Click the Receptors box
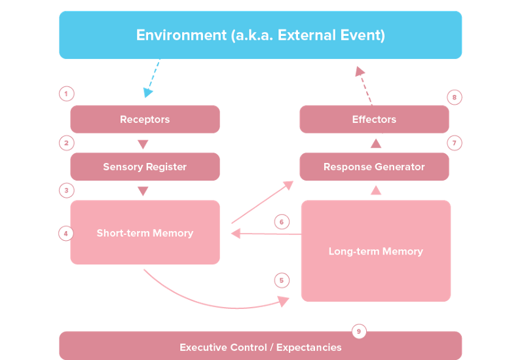(x=145, y=119)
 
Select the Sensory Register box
(x=145, y=167)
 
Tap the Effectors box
(x=374, y=119)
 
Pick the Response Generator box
(x=374, y=167)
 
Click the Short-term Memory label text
(x=145, y=233)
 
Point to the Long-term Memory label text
(x=375, y=251)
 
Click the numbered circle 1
(x=66, y=94)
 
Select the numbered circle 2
(x=66, y=143)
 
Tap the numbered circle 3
(x=66, y=190)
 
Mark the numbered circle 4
(x=65, y=232)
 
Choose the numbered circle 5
(x=282, y=280)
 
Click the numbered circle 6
(x=281, y=222)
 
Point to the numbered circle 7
(x=455, y=142)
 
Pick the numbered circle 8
(x=455, y=98)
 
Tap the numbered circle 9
(x=358, y=331)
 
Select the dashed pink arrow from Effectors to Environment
(x=364, y=83)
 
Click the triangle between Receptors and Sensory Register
(x=143, y=144)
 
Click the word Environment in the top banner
(x=181, y=35)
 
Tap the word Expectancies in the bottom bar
(x=309, y=347)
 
